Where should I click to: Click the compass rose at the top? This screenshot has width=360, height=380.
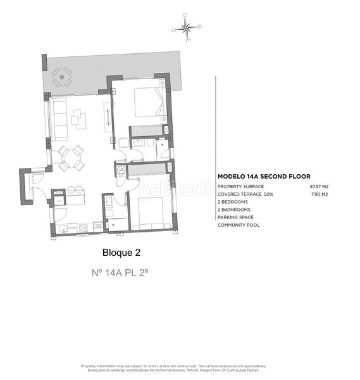[x=187, y=27]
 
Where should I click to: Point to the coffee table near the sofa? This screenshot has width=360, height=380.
[x=79, y=118]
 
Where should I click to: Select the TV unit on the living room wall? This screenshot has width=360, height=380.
[x=108, y=118]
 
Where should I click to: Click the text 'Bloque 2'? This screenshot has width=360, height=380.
[x=121, y=252]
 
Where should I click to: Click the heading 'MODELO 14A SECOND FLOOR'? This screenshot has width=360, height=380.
[x=264, y=177]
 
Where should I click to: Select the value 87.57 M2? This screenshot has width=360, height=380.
[x=319, y=187]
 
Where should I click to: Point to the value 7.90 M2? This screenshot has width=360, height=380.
[x=320, y=194]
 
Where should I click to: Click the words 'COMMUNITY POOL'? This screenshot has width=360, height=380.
[x=239, y=225]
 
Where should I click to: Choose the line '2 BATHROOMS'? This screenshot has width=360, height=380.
[x=234, y=210]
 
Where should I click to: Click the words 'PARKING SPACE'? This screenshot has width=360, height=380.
[x=236, y=217]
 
